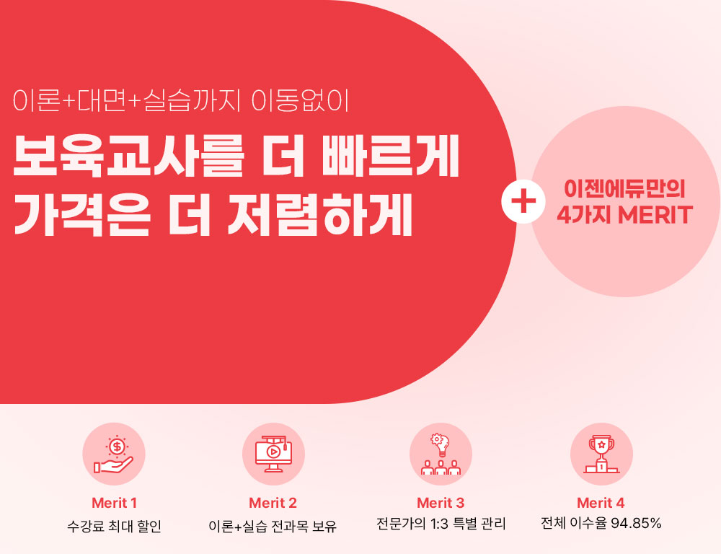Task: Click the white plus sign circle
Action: (523, 201)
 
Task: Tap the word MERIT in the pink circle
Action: (655, 215)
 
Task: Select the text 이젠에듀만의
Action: (624, 189)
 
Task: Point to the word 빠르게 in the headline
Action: (391, 156)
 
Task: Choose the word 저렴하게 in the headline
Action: (320, 214)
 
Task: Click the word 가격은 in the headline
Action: (81, 214)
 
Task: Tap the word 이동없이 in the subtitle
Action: (300, 100)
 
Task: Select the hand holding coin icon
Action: (114, 454)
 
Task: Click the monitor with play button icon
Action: (273, 454)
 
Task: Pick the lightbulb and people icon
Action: (441, 454)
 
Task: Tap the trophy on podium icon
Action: (601, 454)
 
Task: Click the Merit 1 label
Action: (114, 503)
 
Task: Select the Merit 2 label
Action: (273, 503)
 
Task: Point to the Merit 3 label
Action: (441, 503)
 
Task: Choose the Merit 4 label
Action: (601, 503)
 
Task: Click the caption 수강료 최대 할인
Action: (114, 525)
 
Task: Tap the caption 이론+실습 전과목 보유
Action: (273, 525)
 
